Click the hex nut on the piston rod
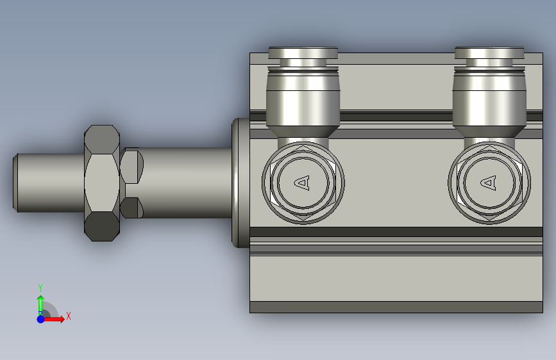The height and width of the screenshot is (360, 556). (102, 183)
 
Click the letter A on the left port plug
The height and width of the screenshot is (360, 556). (303, 183)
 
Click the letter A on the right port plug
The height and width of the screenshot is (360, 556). (489, 183)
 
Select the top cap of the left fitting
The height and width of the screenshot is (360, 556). (303, 53)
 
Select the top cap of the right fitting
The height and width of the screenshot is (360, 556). (489, 53)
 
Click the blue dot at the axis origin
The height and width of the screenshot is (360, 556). (41, 319)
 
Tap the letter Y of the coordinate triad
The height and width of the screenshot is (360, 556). (40, 288)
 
